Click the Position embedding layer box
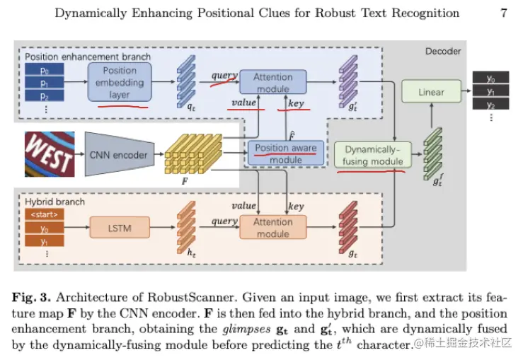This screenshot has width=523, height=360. pos(120,83)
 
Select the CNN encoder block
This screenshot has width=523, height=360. pos(118,155)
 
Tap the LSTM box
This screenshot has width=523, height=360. pos(120,228)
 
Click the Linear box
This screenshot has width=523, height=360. pos(431,92)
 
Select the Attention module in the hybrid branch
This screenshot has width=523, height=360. pos(272,228)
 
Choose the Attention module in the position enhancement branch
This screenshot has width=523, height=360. pos(273,83)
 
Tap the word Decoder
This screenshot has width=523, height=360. pos(443,51)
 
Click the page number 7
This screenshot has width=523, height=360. pos(504,13)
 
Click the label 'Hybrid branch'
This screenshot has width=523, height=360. pos(55,202)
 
